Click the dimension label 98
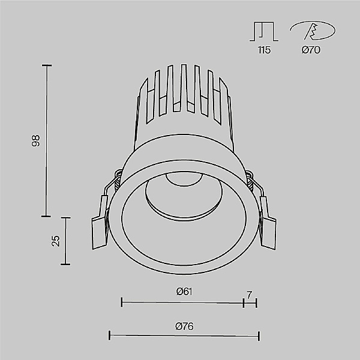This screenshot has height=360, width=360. click(36, 140)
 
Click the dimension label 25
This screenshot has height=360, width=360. click(56, 241)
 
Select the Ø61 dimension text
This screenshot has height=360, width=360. click(184, 292)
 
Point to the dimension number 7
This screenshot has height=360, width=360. click(250, 294)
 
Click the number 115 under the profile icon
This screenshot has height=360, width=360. click(264, 50)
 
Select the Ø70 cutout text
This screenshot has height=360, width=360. click(311, 50)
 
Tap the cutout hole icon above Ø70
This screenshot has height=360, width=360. click(311, 31)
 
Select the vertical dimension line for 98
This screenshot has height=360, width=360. click(47, 140)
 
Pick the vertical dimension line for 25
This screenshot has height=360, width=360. click(67, 241)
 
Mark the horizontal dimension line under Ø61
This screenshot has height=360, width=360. click(182, 303)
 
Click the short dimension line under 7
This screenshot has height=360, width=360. click(250, 303)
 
